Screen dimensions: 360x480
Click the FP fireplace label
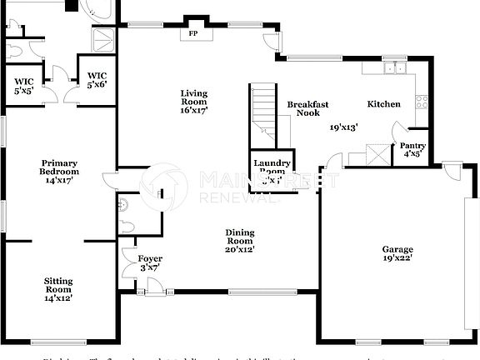193,34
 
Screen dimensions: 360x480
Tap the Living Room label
194,101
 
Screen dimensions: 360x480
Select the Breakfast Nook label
308,109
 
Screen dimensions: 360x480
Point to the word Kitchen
384,104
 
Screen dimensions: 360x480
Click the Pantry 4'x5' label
413,149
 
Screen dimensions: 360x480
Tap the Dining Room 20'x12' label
239,241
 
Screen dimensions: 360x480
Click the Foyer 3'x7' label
150,263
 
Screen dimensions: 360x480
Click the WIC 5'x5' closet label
23,85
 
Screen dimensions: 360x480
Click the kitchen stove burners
422,102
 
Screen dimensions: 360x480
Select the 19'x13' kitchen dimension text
345,127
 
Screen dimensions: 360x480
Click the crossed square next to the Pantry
380,154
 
